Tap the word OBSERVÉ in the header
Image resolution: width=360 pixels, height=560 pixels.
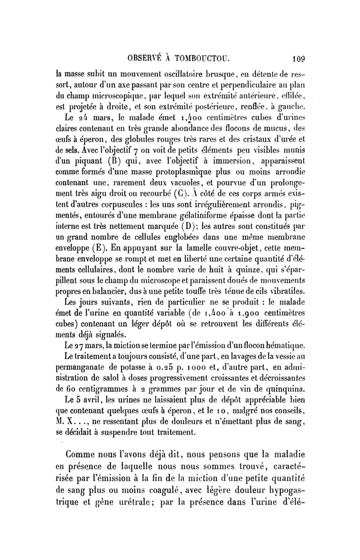click(x=143, y=58)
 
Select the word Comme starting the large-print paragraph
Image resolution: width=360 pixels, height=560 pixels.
click(x=85, y=452)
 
